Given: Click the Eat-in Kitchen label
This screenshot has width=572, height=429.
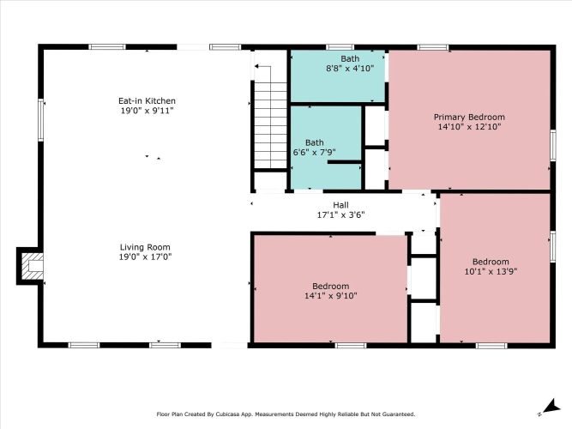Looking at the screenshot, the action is [147, 100].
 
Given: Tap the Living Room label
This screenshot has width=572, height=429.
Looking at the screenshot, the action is [145, 247].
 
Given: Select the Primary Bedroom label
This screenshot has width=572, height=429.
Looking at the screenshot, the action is [469, 118].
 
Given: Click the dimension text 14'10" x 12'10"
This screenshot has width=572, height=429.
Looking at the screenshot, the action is [469, 127].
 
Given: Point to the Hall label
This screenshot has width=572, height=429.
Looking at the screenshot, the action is [340, 205].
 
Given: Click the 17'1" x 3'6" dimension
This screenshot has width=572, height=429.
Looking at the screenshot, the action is [340, 214].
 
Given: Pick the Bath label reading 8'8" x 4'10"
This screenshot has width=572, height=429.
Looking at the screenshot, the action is [350, 58].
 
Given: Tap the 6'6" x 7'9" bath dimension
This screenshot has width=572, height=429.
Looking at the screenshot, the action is [315, 152].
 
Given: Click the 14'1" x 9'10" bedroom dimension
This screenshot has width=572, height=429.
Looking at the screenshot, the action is [330, 295].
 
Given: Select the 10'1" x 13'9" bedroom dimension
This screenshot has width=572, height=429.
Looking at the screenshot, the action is [491, 271].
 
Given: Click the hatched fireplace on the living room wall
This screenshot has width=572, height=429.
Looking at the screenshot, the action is [30, 266].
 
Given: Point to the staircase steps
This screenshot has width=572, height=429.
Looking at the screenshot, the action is [270, 125].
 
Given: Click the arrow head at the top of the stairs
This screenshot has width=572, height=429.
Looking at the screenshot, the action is [256, 66].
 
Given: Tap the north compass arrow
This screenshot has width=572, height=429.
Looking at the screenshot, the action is [551, 407].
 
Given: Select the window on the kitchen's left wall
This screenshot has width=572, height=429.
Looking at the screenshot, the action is [41, 120].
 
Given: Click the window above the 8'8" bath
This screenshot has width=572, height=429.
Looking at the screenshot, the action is [340, 47].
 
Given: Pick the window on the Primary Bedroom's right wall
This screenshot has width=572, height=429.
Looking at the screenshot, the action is [553, 145].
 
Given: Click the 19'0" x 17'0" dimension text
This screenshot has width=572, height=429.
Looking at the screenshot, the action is [145, 257].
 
